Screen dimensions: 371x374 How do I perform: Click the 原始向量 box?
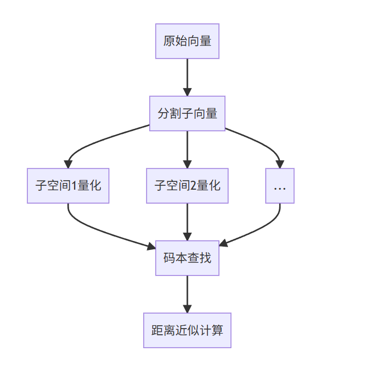click(187, 41)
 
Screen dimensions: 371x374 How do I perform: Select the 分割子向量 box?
click(187, 113)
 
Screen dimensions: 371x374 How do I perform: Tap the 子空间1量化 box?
click(68, 186)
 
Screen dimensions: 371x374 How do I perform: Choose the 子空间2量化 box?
click(187, 186)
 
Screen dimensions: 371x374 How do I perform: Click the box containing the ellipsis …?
click(280, 186)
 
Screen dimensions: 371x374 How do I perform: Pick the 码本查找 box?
click(187, 258)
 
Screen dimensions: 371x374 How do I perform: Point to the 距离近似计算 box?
click(187, 330)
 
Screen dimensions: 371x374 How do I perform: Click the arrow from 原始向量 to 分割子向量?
click(187, 75)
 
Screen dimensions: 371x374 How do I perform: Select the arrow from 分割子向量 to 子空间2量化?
click(187, 148)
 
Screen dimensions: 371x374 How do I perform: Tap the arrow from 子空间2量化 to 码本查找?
click(187, 220)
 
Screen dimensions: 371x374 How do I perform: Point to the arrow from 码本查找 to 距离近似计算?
click(187, 292)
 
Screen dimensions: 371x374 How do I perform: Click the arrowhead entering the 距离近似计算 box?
click(187, 309)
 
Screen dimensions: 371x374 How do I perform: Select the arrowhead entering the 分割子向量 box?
click(187, 91)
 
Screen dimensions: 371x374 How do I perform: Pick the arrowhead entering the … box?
click(280, 164)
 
